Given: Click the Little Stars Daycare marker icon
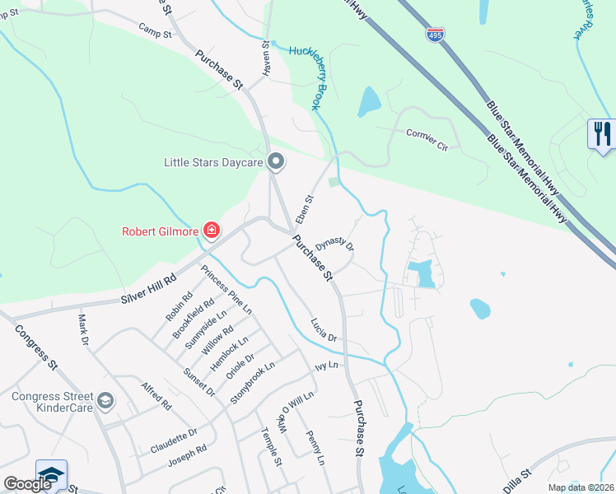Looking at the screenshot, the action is [276, 163].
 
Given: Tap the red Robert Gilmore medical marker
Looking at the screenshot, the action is [212, 231].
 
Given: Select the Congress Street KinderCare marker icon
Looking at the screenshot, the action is [105, 401].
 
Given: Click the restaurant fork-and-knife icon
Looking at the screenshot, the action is [602, 133].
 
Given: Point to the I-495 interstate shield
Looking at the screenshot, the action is [435, 35].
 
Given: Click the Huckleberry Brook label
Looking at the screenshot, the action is [310, 77].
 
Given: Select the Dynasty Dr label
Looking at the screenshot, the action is [334, 241].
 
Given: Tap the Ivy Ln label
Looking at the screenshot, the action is [327, 365].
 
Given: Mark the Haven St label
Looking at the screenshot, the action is [266, 60].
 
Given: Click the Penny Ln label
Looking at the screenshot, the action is [316, 448].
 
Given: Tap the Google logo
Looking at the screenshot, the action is [28, 484].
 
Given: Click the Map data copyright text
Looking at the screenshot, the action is [580, 487].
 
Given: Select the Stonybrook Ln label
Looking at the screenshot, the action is [252, 382].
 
